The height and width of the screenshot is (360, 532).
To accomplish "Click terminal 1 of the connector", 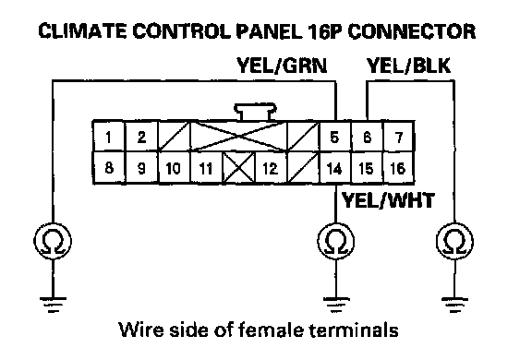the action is click(x=109, y=137).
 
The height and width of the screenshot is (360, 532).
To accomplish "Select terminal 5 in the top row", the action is click(x=334, y=137).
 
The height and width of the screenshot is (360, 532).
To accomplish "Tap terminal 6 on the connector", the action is click(x=367, y=137).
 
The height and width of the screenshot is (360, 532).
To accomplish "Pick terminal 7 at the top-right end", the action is click(x=399, y=137).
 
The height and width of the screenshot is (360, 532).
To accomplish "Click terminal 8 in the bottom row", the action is click(x=109, y=167).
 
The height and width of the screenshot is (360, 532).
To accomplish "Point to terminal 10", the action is click(x=173, y=168).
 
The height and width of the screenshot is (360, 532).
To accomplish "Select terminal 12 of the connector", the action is click(x=270, y=168).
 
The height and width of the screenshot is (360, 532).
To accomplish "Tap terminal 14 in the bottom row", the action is click(x=334, y=168).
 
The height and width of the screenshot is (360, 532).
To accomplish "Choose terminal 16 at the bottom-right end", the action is click(x=399, y=168).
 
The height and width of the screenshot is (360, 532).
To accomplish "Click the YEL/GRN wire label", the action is click(x=282, y=66).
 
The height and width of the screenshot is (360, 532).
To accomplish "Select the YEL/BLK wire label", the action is click(x=408, y=66).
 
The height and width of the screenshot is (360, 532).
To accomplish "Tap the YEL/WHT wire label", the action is click(x=388, y=200).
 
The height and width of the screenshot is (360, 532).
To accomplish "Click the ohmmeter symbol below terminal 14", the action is click(x=335, y=241).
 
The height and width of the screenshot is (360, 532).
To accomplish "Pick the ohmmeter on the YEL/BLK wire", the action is click(x=454, y=241).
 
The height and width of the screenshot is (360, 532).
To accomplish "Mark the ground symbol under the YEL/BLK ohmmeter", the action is click(x=454, y=305).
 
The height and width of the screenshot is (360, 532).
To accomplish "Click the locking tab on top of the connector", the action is click(x=255, y=112).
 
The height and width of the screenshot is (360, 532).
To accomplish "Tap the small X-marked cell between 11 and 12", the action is click(x=239, y=168).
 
